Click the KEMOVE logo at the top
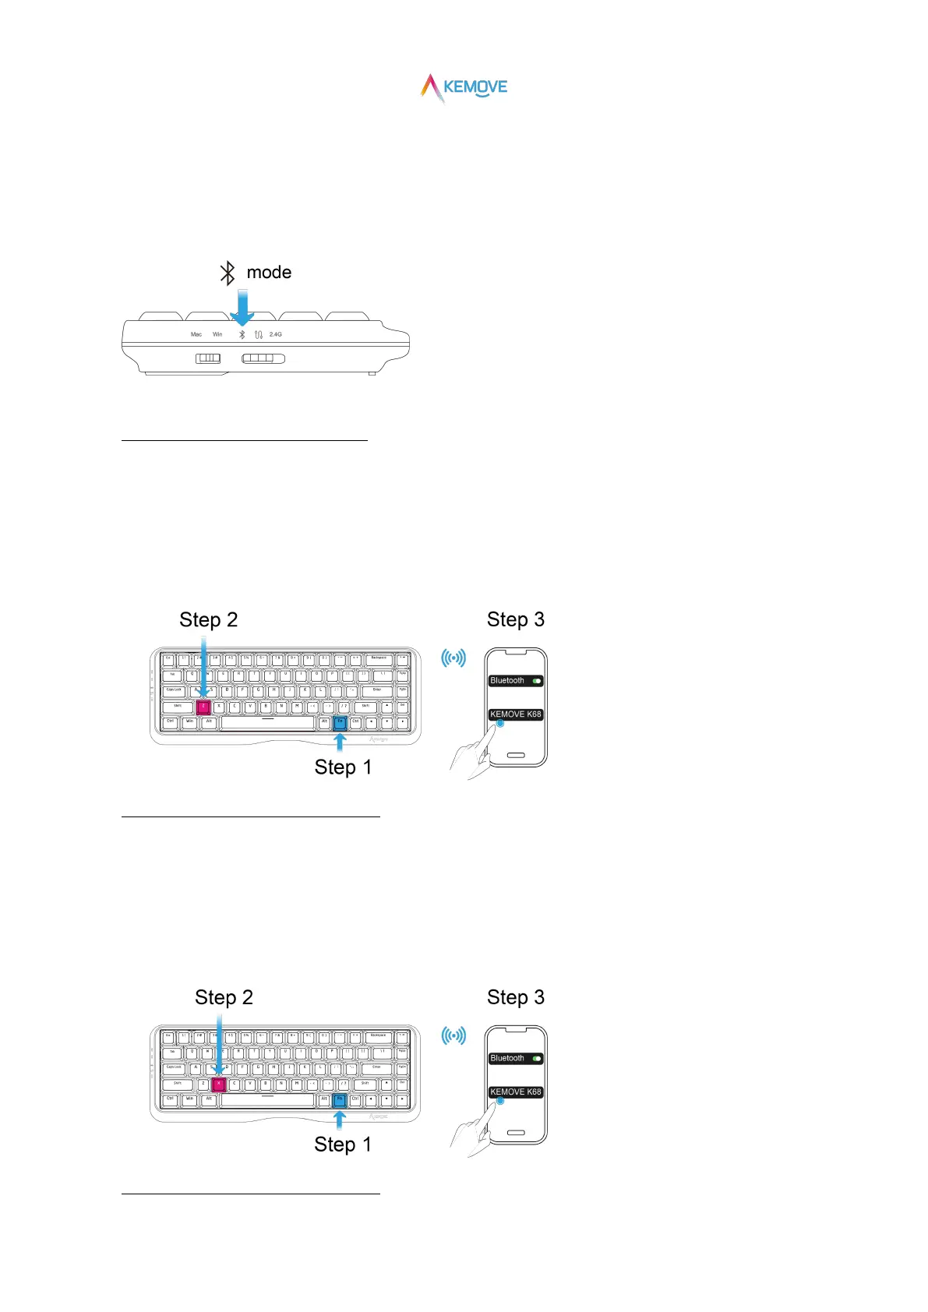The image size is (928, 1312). (x=464, y=88)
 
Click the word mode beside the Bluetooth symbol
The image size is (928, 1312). (x=269, y=273)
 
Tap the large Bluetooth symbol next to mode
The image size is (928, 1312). (x=227, y=273)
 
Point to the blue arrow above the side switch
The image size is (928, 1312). (x=243, y=307)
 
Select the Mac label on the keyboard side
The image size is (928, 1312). (x=196, y=334)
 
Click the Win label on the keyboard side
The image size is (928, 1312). (x=217, y=334)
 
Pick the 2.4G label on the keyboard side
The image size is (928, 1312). (x=276, y=334)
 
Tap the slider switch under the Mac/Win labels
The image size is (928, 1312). (x=208, y=358)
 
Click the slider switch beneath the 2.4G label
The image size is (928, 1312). (x=263, y=358)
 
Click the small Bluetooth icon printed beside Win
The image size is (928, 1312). (x=242, y=334)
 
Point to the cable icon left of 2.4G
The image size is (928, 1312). (x=258, y=334)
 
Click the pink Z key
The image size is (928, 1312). (x=203, y=707)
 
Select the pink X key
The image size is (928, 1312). (x=218, y=1084)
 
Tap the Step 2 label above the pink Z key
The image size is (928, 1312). (x=208, y=620)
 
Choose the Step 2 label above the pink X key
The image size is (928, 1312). (x=224, y=998)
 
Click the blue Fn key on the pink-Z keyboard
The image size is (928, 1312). (x=340, y=722)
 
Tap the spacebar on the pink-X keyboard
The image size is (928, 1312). (x=267, y=1100)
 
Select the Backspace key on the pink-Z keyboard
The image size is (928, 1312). (x=379, y=659)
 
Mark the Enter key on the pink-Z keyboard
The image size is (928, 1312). (x=377, y=690)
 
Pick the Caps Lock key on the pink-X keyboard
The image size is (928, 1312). (x=174, y=1068)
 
